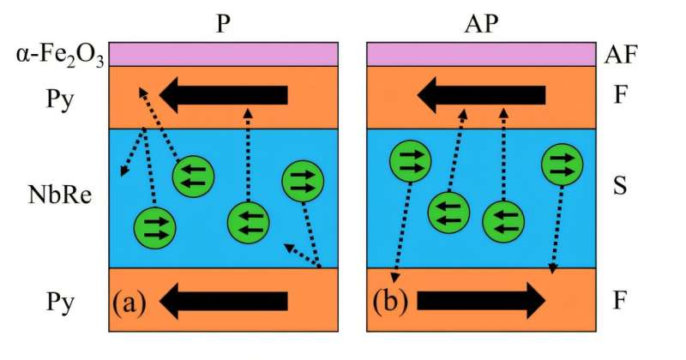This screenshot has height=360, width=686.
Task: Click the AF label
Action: pos(623,57)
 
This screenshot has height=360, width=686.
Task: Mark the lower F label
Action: pos(623,301)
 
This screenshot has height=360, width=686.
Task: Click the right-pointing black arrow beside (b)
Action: pos(480,301)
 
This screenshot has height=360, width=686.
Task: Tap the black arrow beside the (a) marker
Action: pos(224,301)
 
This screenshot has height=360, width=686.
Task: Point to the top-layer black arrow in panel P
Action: pos(224,94)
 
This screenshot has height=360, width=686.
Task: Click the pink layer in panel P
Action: pos(223,54)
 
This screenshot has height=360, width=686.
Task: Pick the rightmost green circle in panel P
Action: pos(303,179)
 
